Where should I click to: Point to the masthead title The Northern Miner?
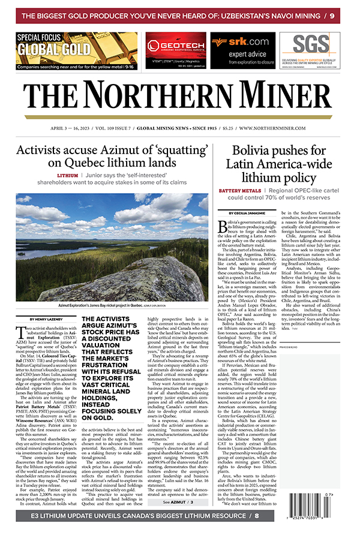pos(180,94)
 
